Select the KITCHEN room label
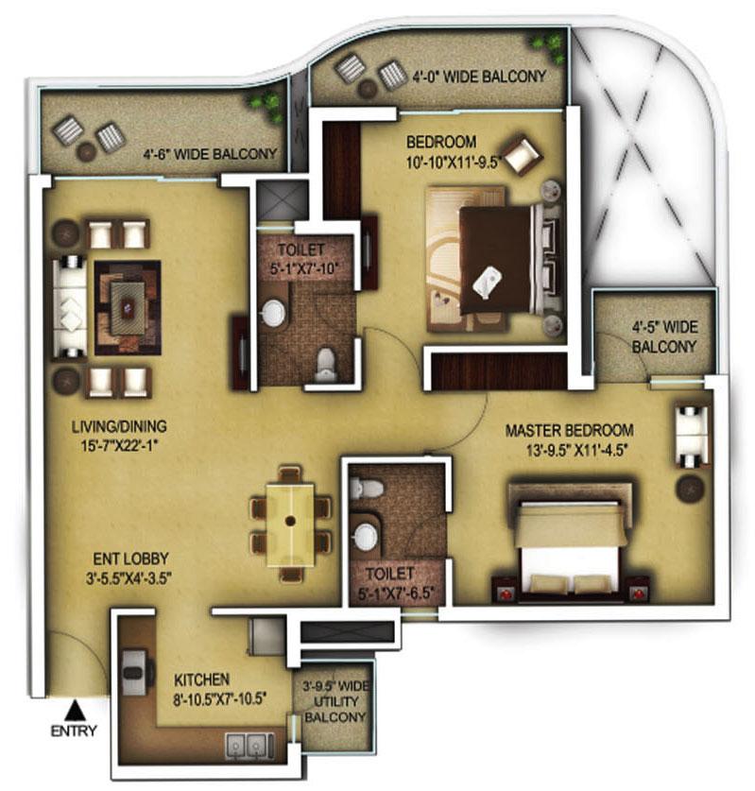(202, 679)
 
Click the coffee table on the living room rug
(127, 306)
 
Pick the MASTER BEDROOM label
(569, 430)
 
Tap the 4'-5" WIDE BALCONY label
(664, 336)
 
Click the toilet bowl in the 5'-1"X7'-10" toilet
(326, 363)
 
